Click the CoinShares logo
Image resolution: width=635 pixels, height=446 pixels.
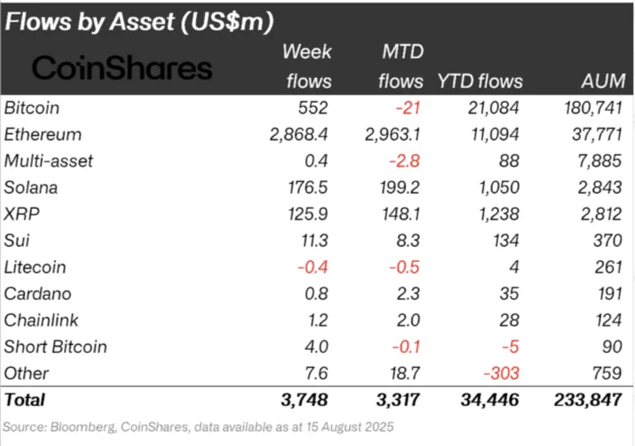122,68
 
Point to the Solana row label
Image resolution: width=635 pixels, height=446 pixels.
32,187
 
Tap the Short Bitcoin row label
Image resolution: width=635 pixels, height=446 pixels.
56,347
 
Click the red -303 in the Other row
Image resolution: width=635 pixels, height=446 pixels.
503,373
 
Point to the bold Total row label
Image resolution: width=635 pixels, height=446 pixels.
25,400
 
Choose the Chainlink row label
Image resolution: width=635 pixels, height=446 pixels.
40,320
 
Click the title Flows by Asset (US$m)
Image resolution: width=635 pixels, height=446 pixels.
139,22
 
